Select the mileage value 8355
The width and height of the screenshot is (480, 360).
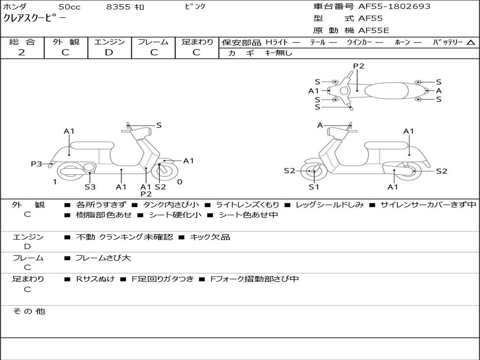point(118,7)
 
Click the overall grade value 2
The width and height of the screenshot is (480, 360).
point(22,52)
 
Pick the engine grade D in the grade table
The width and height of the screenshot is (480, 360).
point(109,52)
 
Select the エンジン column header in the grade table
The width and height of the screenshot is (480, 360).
point(109,42)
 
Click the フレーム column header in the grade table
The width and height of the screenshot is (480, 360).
point(153,42)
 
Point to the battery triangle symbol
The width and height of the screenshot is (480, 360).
point(471,43)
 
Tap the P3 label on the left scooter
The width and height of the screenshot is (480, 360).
point(37,164)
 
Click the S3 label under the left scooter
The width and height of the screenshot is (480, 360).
point(90,187)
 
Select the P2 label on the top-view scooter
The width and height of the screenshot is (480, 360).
point(359,66)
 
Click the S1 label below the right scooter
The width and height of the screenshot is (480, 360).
point(314,187)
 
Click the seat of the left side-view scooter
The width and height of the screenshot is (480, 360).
point(92,145)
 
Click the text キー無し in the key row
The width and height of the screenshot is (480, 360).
point(278,53)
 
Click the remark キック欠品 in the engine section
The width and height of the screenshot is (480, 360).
point(210,237)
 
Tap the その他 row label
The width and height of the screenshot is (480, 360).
point(29,311)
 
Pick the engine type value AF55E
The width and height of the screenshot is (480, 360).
point(374,31)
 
